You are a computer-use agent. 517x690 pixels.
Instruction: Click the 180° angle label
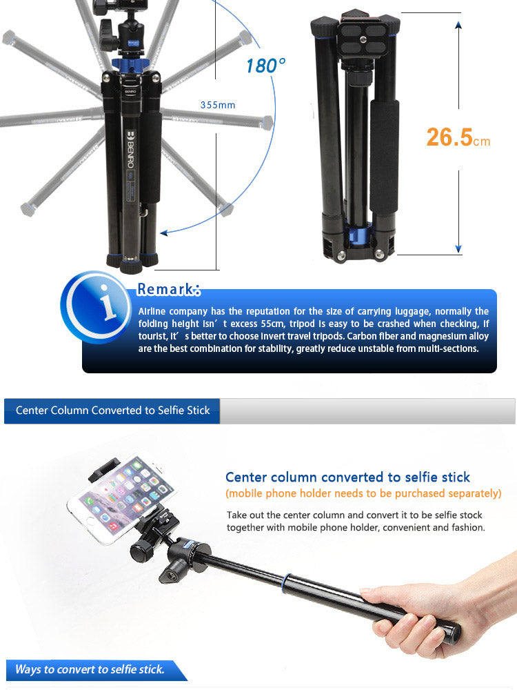click(x=265, y=66)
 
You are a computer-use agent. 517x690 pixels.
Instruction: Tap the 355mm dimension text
click(x=218, y=105)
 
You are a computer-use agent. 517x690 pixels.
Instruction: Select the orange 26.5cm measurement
click(x=458, y=137)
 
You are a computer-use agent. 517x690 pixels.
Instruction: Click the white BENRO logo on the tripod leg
click(x=130, y=149)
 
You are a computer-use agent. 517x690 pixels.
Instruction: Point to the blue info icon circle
click(x=96, y=306)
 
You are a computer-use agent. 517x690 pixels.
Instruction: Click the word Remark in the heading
click(x=165, y=289)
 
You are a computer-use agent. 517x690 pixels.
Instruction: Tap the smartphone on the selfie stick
click(x=122, y=499)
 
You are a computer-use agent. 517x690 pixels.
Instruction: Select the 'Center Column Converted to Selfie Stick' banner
click(x=112, y=411)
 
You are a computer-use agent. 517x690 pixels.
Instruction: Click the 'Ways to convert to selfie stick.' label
click(x=90, y=669)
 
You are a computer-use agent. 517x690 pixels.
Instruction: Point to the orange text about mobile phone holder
click(x=363, y=493)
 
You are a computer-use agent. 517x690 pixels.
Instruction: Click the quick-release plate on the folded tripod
click(x=363, y=38)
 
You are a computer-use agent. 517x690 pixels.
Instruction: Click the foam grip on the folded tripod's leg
click(x=384, y=156)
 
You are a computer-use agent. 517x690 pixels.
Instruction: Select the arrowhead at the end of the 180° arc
click(x=164, y=233)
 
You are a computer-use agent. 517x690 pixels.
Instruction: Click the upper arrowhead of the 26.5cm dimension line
click(x=458, y=25)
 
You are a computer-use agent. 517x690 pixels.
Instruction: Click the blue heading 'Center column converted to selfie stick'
click(x=347, y=477)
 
